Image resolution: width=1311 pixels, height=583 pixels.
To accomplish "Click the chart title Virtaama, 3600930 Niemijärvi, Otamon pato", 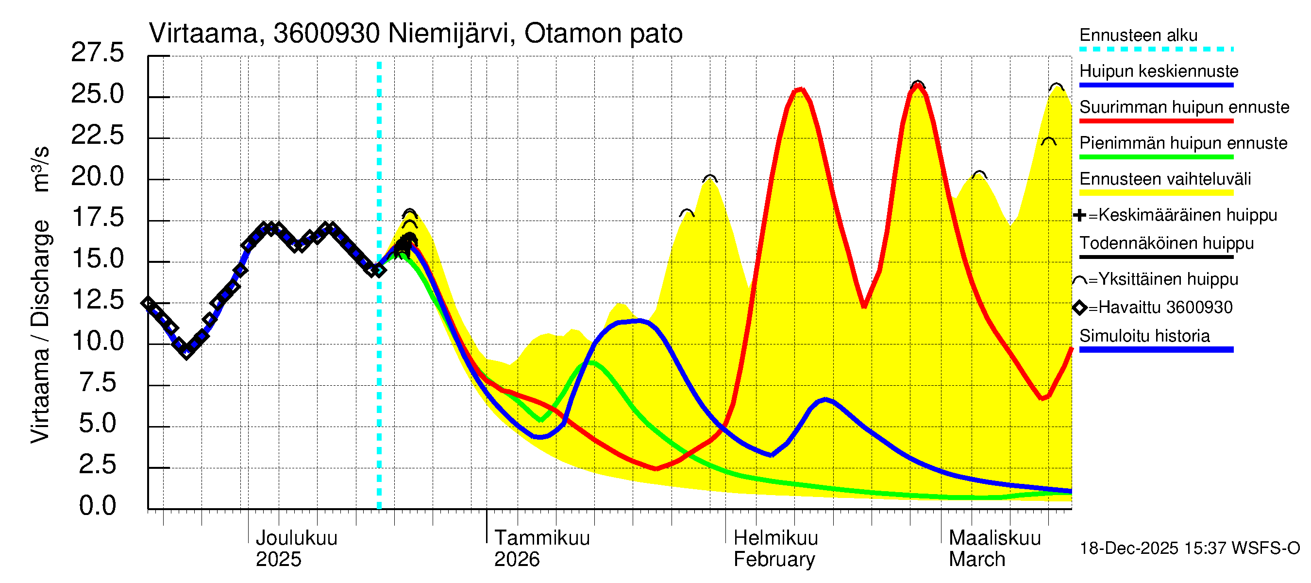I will point(415,34).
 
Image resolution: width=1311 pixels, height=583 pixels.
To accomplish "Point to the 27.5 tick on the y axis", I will point(97,52).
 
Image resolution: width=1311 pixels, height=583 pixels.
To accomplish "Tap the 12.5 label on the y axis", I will point(97,299).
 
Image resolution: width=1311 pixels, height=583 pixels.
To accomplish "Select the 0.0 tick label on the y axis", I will point(97,506).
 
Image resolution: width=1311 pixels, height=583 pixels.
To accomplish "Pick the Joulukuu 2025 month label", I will point(296,549).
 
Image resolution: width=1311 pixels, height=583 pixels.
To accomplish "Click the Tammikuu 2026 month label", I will point(541,549).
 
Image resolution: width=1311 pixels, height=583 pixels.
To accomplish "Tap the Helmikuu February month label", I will point(775,549).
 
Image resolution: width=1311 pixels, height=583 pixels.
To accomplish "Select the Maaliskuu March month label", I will point(994,549).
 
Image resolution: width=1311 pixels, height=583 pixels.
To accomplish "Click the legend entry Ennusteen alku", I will point(1138,35).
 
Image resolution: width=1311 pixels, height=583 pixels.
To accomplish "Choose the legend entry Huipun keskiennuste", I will point(1159,71).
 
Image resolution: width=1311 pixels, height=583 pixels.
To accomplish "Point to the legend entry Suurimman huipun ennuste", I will point(1184,107).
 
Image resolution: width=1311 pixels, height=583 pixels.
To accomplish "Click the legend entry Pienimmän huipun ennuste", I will point(1183,143).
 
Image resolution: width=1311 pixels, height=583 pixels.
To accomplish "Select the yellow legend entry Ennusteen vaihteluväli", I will point(1165,179).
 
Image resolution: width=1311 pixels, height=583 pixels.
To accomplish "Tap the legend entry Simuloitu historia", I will point(1144,336).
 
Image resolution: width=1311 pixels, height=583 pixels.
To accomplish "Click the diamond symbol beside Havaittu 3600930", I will point(1079,308).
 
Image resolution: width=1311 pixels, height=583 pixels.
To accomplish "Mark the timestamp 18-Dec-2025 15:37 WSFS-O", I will point(1189,549).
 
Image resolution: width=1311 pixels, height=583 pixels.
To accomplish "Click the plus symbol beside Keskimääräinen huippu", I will point(1079,215).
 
